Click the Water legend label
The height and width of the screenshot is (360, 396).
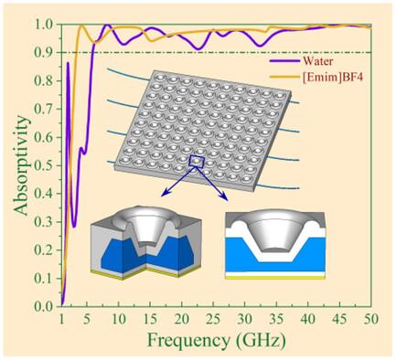coord(317,61)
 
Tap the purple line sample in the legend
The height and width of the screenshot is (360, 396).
coord(284,61)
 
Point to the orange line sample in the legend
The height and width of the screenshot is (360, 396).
coord(284,77)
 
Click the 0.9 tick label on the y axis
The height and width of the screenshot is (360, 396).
coord(45,53)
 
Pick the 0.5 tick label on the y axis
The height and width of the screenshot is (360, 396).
coord(45,165)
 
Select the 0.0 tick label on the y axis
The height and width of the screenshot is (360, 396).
coord(45,307)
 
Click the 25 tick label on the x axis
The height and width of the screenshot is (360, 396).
coord(213,319)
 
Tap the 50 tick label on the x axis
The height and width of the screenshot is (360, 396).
coord(370,319)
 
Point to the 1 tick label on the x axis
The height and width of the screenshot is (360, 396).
coord(61,319)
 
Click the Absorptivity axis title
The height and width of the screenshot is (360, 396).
coord(21,165)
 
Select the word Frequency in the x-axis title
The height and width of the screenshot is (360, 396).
coord(188,340)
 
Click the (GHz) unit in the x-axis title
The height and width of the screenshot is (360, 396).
coord(261,340)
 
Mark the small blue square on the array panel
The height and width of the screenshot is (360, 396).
coord(197,161)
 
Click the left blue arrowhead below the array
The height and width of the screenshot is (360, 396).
coord(165,194)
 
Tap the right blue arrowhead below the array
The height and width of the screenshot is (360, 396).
coord(224,197)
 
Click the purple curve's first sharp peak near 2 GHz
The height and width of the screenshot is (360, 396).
coord(68,63)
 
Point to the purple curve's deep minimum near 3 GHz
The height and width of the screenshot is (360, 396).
coord(74,227)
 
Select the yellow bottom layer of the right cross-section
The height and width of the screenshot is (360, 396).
coord(275,278)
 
